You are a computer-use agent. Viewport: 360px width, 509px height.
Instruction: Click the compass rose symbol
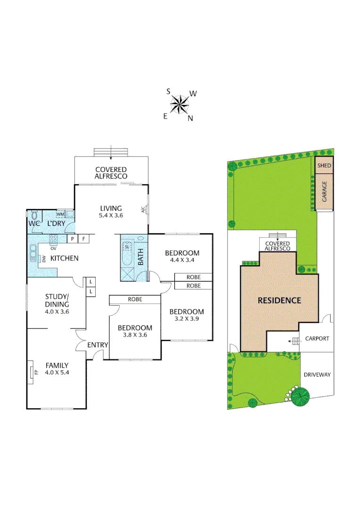click(x=180, y=104)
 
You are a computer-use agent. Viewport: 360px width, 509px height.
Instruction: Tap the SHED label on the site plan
click(x=324, y=166)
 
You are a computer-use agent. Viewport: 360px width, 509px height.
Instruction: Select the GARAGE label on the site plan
click(x=324, y=192)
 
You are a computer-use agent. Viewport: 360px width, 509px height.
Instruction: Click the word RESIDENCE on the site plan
click(x=279, y=300)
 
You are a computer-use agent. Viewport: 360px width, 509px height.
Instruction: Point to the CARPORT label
click(x=317, y=338)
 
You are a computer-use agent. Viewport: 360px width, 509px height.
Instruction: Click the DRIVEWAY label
click(x=317, y=375)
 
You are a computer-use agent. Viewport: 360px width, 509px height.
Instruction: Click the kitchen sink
click(x=33, y=253)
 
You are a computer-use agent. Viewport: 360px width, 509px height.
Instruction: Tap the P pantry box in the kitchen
click(x=73, y=239)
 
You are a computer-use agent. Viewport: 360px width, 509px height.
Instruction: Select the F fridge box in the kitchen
click(x=84, y=239)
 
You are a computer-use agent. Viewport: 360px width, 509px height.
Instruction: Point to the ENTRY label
click(x=98, y=345)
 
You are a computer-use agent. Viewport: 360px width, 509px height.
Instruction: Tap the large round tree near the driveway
click(x=300, y=397)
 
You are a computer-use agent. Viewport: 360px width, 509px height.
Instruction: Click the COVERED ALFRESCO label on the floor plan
click(x=111, y=172)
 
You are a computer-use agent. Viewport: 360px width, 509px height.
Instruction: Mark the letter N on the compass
click(x=190, y=119)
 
